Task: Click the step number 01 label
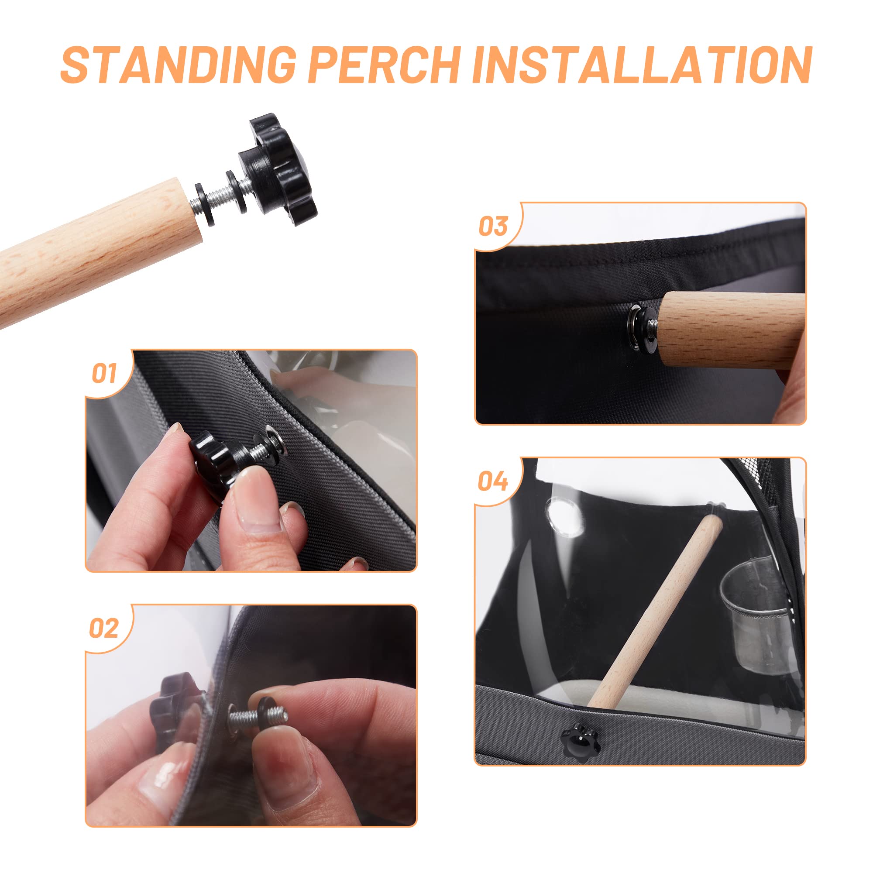click(x=104, y=374)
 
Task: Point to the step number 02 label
click(x=103, y=629)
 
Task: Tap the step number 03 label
click(x=493, y=227)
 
